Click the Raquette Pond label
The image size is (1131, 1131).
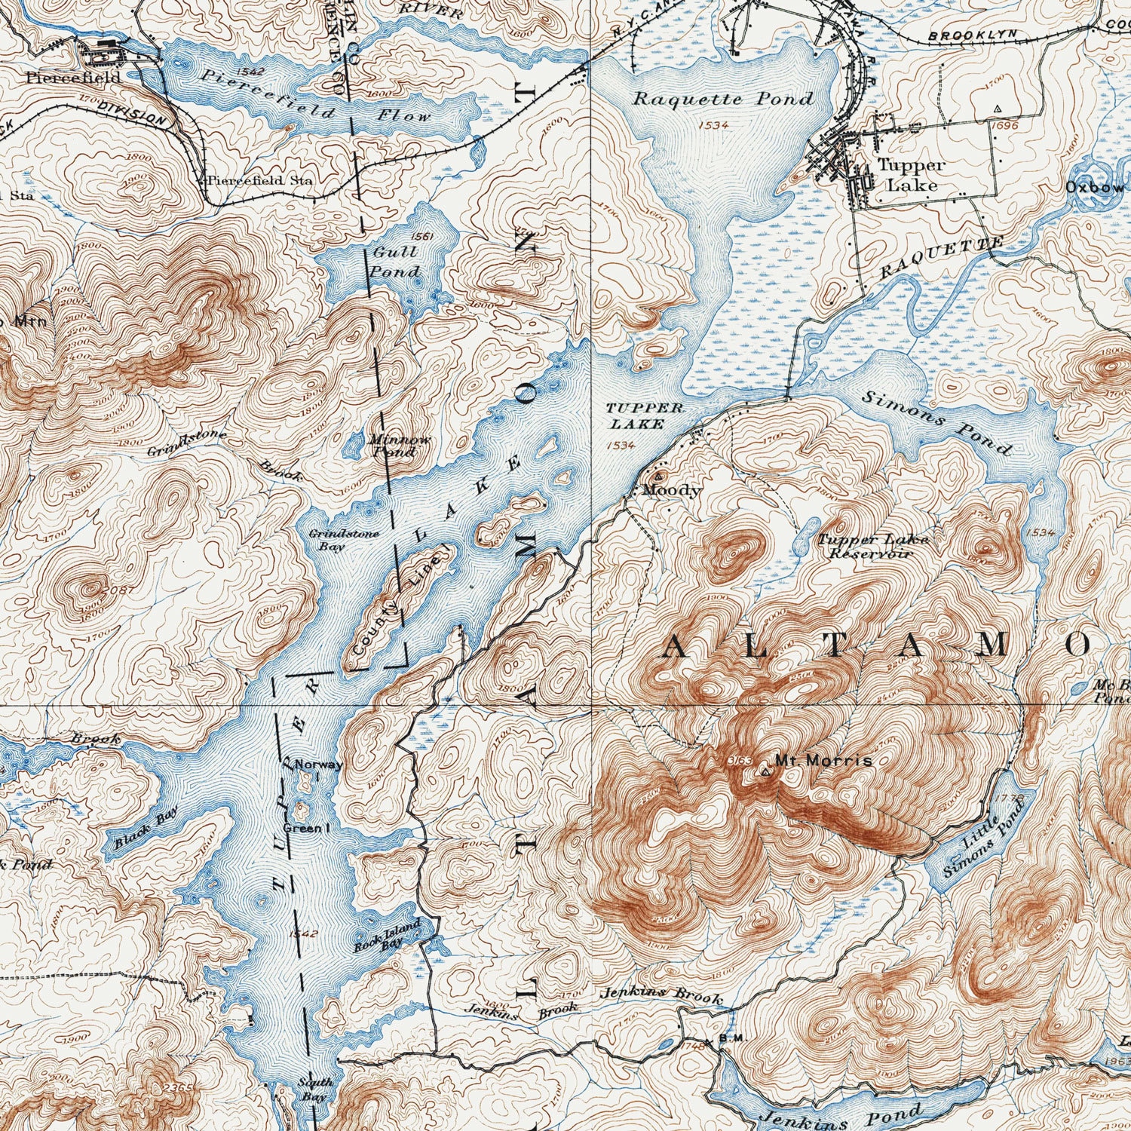(x=722, y=99)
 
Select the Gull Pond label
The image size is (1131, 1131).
(x=394, y=262)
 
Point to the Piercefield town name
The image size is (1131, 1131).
(x=72, y=77)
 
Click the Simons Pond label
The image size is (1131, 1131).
(x=936, y=423)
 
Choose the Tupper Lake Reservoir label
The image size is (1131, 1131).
(x=873, y=547)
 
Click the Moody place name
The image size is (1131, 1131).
(x=671, y=490)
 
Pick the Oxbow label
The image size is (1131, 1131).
(x=1096, y=187)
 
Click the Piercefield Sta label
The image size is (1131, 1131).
(x=259, y=181)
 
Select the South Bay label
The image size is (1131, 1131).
(x=314, y=1090)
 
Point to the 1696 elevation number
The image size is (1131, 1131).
(x=1005, y=125)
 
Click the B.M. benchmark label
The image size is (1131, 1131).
(x=731, y=1038)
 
